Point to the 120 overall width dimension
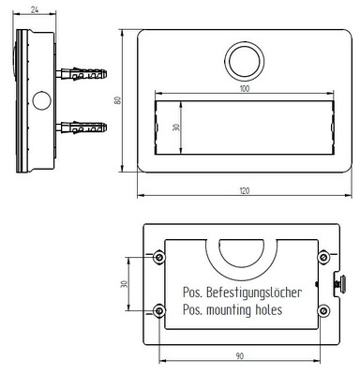[244, 190]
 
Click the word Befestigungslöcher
[254, 292]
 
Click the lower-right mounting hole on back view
[324, 310]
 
